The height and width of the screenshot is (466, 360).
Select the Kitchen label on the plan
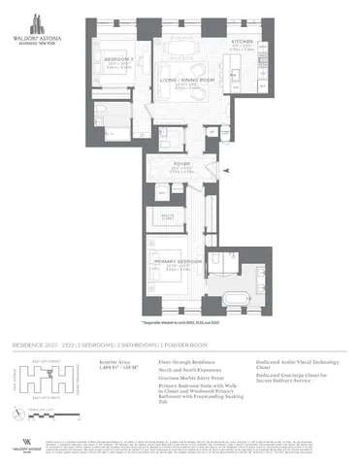243,42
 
